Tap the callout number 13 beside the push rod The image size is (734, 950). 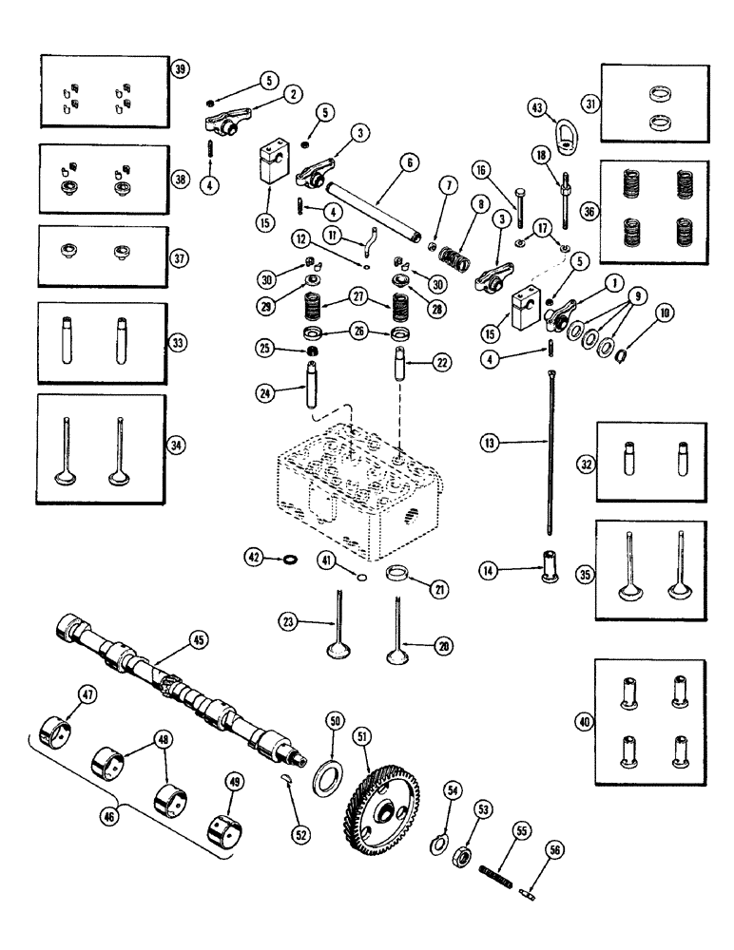click(x=490, y=442)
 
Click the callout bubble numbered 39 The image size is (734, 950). click(x=179, y=68)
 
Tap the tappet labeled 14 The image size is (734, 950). click(x=549, y=568)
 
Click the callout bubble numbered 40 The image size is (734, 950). click(x=584, y=723)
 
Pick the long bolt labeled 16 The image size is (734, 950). click(x=519, y=214)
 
